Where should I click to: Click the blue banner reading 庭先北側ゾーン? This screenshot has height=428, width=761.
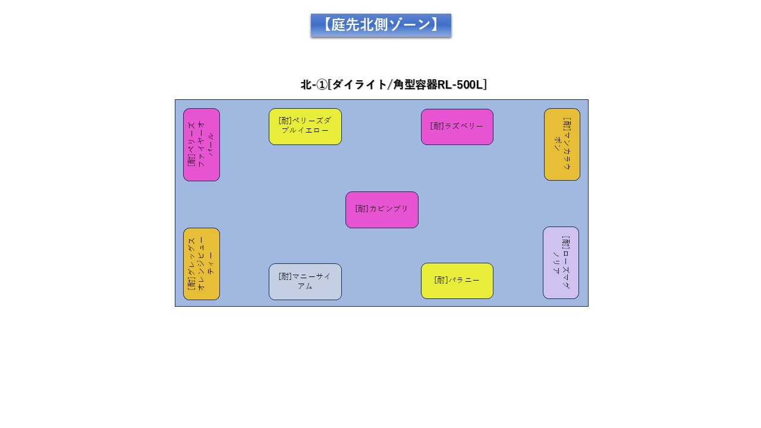pos(380,25)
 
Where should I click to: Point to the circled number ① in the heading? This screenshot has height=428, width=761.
pos(321,85)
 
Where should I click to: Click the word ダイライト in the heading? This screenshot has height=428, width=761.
pos(359,85)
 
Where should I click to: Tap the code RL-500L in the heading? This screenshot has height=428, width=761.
pos(460,85)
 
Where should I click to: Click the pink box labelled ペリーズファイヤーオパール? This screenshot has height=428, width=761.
pos(202,144)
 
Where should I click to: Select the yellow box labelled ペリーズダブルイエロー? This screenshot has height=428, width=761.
pos(305,127)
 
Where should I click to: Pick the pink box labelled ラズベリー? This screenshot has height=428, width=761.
pos(457,127)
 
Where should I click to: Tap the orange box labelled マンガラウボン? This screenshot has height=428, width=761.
pos(562,144)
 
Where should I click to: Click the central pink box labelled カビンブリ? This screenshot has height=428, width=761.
pos(382,210)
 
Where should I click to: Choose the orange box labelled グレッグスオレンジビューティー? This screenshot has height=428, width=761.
pos(202,264)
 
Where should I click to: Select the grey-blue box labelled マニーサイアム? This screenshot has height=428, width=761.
pos(305,282)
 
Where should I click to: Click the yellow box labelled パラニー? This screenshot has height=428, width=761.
pos(457,281)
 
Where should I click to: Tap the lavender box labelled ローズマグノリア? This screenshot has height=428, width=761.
pos(561,263)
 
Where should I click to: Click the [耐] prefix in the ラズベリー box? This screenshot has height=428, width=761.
pos(437,126)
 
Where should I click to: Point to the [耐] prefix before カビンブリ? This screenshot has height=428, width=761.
pos(362,209)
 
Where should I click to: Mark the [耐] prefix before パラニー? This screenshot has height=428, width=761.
pos(441,280)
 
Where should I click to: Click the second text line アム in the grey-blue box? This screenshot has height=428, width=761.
pos(305,287)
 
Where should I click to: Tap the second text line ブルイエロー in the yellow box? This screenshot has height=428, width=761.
pos(305,130)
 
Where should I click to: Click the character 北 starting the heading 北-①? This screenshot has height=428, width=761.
pos(306,85)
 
